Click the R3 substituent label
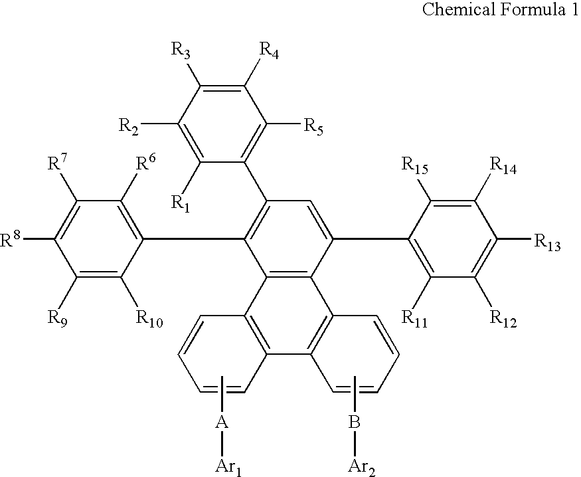pos(182,49)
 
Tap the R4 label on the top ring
pos(268,49)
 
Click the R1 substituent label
pos(181,202)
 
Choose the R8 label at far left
pos(11,240)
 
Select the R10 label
pos(147,321)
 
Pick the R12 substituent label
pos(502,321)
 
